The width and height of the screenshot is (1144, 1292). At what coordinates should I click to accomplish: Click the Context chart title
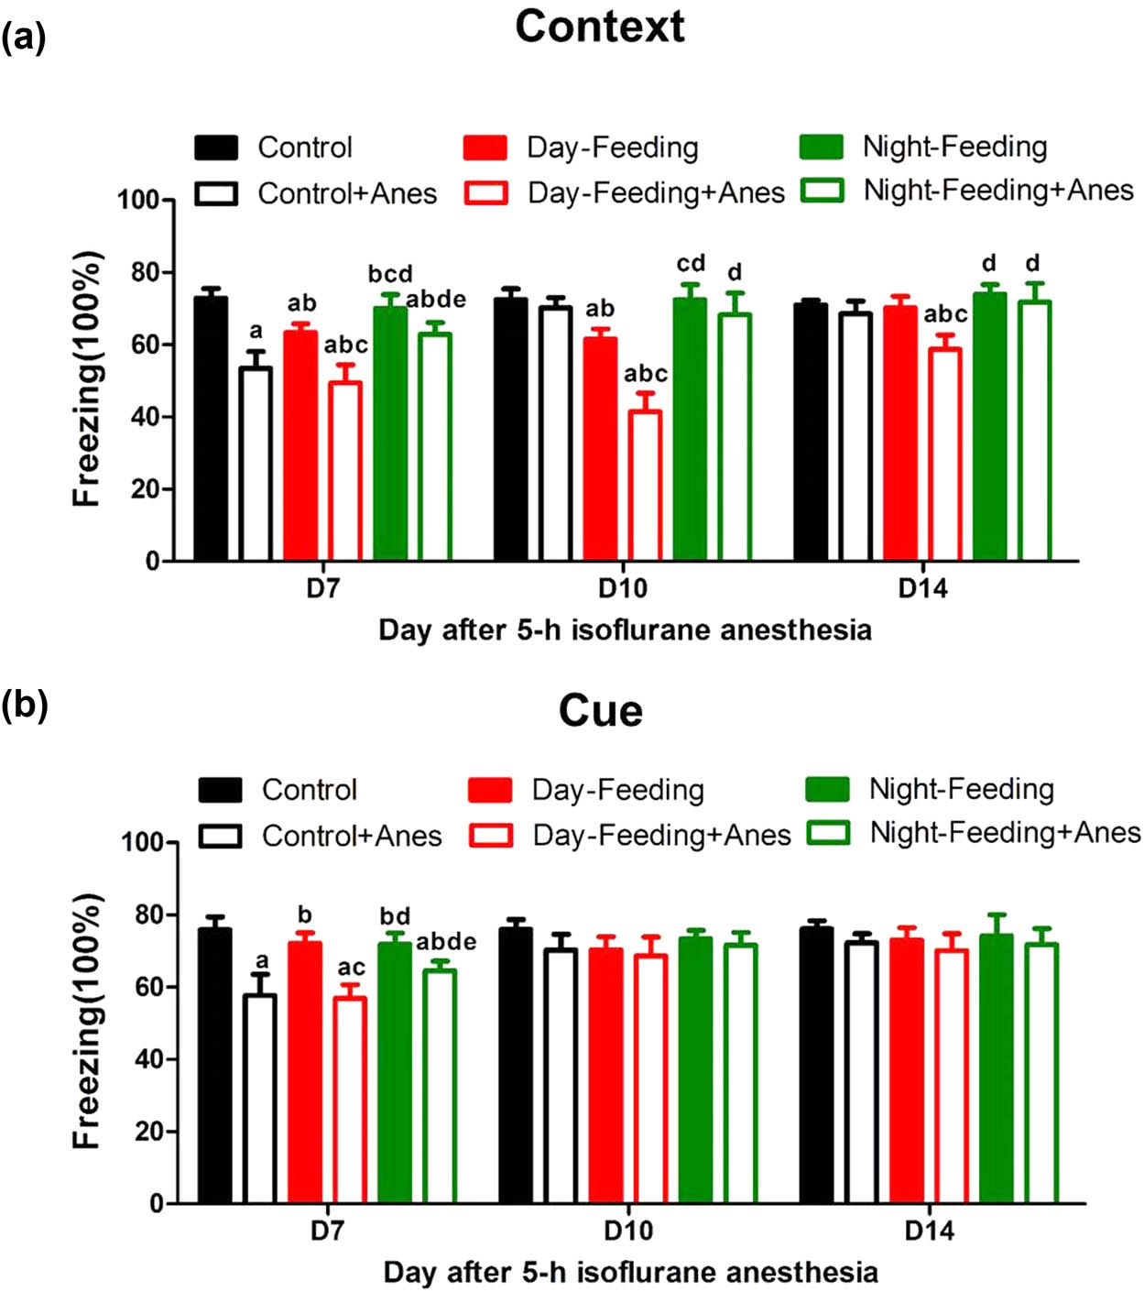point(599,27)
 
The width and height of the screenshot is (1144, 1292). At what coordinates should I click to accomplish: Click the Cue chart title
point(600,711)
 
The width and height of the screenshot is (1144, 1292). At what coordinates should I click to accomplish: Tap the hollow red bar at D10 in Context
point(645,485)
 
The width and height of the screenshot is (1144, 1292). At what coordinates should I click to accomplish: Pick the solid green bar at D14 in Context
point(989,427)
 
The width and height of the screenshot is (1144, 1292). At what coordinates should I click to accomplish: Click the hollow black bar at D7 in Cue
point(259,1099)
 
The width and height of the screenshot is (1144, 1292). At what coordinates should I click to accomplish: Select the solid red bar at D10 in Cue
point(605,1076)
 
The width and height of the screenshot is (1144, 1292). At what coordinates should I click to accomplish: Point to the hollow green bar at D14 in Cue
point(1040,1073)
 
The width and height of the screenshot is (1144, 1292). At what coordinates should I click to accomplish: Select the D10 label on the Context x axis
point(622,588)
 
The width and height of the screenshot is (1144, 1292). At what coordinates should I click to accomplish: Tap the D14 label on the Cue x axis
point(929,1231)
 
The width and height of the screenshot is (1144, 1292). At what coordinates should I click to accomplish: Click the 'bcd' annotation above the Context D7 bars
point(390,274)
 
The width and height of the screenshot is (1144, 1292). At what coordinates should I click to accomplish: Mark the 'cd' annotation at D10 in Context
point(691,264)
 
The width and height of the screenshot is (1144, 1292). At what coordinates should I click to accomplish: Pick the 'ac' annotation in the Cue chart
point(351,968)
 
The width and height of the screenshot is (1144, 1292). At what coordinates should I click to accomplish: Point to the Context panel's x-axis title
point(625,630)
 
